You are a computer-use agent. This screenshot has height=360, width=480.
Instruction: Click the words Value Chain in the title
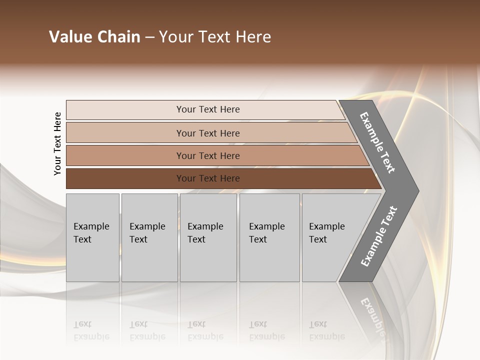point(94,37)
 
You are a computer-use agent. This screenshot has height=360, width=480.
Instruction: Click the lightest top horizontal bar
point(125,109)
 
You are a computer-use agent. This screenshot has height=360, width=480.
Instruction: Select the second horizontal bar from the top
point(125,133)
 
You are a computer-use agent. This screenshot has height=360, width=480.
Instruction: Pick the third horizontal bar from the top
point(125,155)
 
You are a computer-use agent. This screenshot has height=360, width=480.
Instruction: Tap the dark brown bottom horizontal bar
point(125,178)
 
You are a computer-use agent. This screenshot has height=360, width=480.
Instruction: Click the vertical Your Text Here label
point(57,143)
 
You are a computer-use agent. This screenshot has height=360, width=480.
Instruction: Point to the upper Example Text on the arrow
point(377,142)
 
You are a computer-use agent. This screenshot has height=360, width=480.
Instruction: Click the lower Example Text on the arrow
point(379,236)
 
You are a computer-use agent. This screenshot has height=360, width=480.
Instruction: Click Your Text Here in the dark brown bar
point(208,178)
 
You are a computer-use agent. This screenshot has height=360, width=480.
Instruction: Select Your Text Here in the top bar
point(208,109)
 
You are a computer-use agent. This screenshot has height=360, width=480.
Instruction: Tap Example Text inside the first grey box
point(91,232)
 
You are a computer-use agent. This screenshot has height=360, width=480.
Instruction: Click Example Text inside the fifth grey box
point(326,232)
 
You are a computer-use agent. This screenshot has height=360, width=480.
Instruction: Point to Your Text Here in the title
point(215,37)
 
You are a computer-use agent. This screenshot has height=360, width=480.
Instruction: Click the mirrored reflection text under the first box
point(91,330)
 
